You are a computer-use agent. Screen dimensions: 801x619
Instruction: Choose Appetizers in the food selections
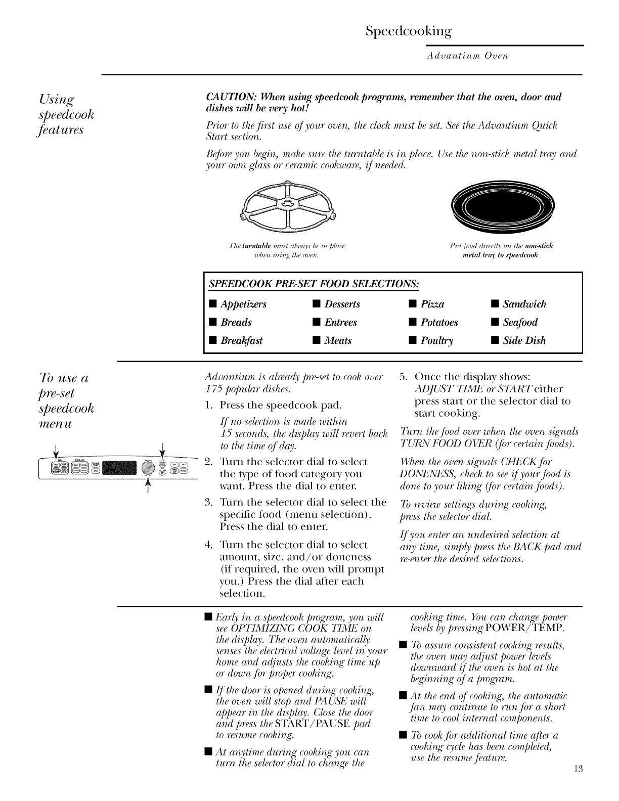243,304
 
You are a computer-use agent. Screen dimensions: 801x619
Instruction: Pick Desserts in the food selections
342,304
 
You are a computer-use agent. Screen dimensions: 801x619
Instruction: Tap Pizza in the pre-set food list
432,304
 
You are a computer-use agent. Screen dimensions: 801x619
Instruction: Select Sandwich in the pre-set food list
524,304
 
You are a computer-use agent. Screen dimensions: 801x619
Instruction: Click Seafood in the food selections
520,323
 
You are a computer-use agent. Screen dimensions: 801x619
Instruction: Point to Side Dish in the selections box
524,341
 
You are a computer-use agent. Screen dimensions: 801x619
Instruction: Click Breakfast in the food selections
242,341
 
